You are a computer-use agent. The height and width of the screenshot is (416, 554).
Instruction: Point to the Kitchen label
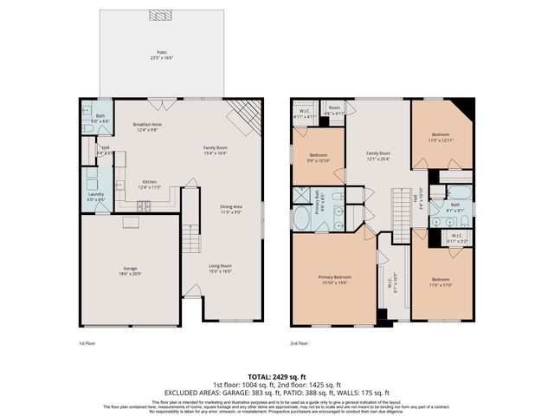[150, 184]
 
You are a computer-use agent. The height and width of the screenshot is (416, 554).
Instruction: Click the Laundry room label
[95, 197]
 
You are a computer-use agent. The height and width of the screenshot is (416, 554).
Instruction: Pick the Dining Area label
[230, 209]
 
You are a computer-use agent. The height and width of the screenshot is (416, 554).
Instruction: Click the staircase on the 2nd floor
[400, 214]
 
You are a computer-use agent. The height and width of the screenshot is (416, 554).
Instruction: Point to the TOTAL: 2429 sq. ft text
[276, 377]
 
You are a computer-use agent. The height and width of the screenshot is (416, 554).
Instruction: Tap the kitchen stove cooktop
[145, 206]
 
